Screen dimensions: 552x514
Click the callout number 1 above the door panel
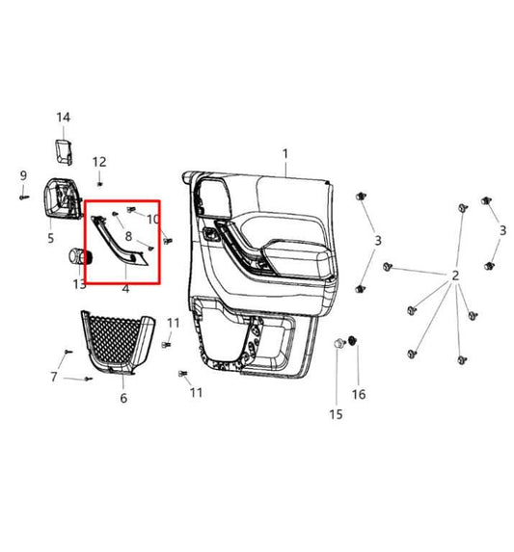[285, 154]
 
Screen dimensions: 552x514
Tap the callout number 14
[64, 118]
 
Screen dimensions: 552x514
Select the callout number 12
[99, 162]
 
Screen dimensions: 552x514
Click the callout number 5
[50, 237]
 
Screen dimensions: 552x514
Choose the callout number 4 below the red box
[125, 288]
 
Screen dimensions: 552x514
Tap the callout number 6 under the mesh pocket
[122, 397]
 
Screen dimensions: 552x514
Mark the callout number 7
[54, 376]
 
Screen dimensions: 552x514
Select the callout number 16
[359, 393]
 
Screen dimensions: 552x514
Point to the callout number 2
[455, 276]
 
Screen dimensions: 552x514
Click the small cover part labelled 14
[65, 149]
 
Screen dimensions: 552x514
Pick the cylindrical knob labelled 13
[78, 256]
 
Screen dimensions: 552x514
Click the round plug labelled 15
[339, 344]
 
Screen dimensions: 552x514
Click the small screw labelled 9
[22, 196]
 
